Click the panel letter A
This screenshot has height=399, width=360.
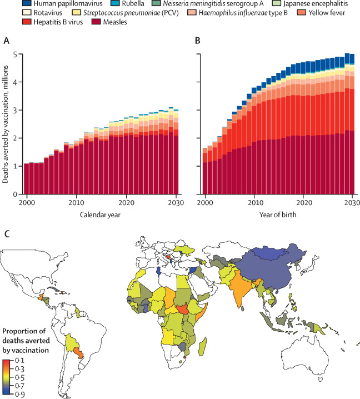pyautogui.click(x=6, y=40)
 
